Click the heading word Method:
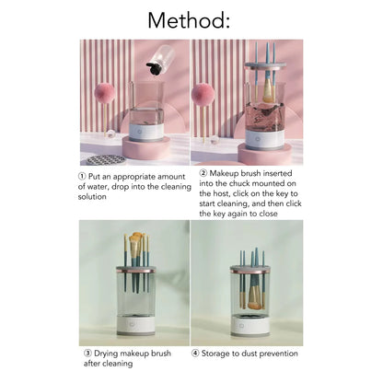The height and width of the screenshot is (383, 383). (191, 19)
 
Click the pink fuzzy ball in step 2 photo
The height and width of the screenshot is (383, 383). (203, 95)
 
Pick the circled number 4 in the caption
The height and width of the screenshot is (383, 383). (195, 352)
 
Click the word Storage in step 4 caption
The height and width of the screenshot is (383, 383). (217, 352)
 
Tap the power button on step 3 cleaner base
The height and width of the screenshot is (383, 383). (137, 324)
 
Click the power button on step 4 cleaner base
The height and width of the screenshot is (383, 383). (252, 324)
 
